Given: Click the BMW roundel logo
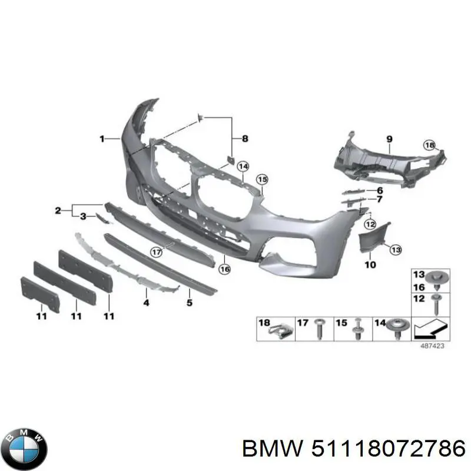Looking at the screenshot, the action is (26, 449).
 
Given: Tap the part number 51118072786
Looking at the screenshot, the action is (389, 449).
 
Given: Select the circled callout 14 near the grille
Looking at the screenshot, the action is (243, 166).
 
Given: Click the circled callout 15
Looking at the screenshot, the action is (262, 180).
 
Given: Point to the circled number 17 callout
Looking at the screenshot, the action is (156, 252).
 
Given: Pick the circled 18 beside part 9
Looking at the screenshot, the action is (430, 145).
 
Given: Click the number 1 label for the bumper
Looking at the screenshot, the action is (102, 139).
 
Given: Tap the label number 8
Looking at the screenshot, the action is (245, 139).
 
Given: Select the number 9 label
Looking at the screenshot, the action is (389, 139).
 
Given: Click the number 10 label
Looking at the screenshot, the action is (370, 264).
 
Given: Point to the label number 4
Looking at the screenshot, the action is (146, 303).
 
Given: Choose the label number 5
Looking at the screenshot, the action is (189, 303).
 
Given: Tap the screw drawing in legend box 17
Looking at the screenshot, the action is (319, 329).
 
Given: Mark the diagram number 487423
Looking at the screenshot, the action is (432, 346).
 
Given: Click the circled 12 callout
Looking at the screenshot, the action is (370, 224).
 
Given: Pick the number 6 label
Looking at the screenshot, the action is (380, 190).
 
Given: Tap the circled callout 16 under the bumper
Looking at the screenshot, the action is (225, 269).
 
